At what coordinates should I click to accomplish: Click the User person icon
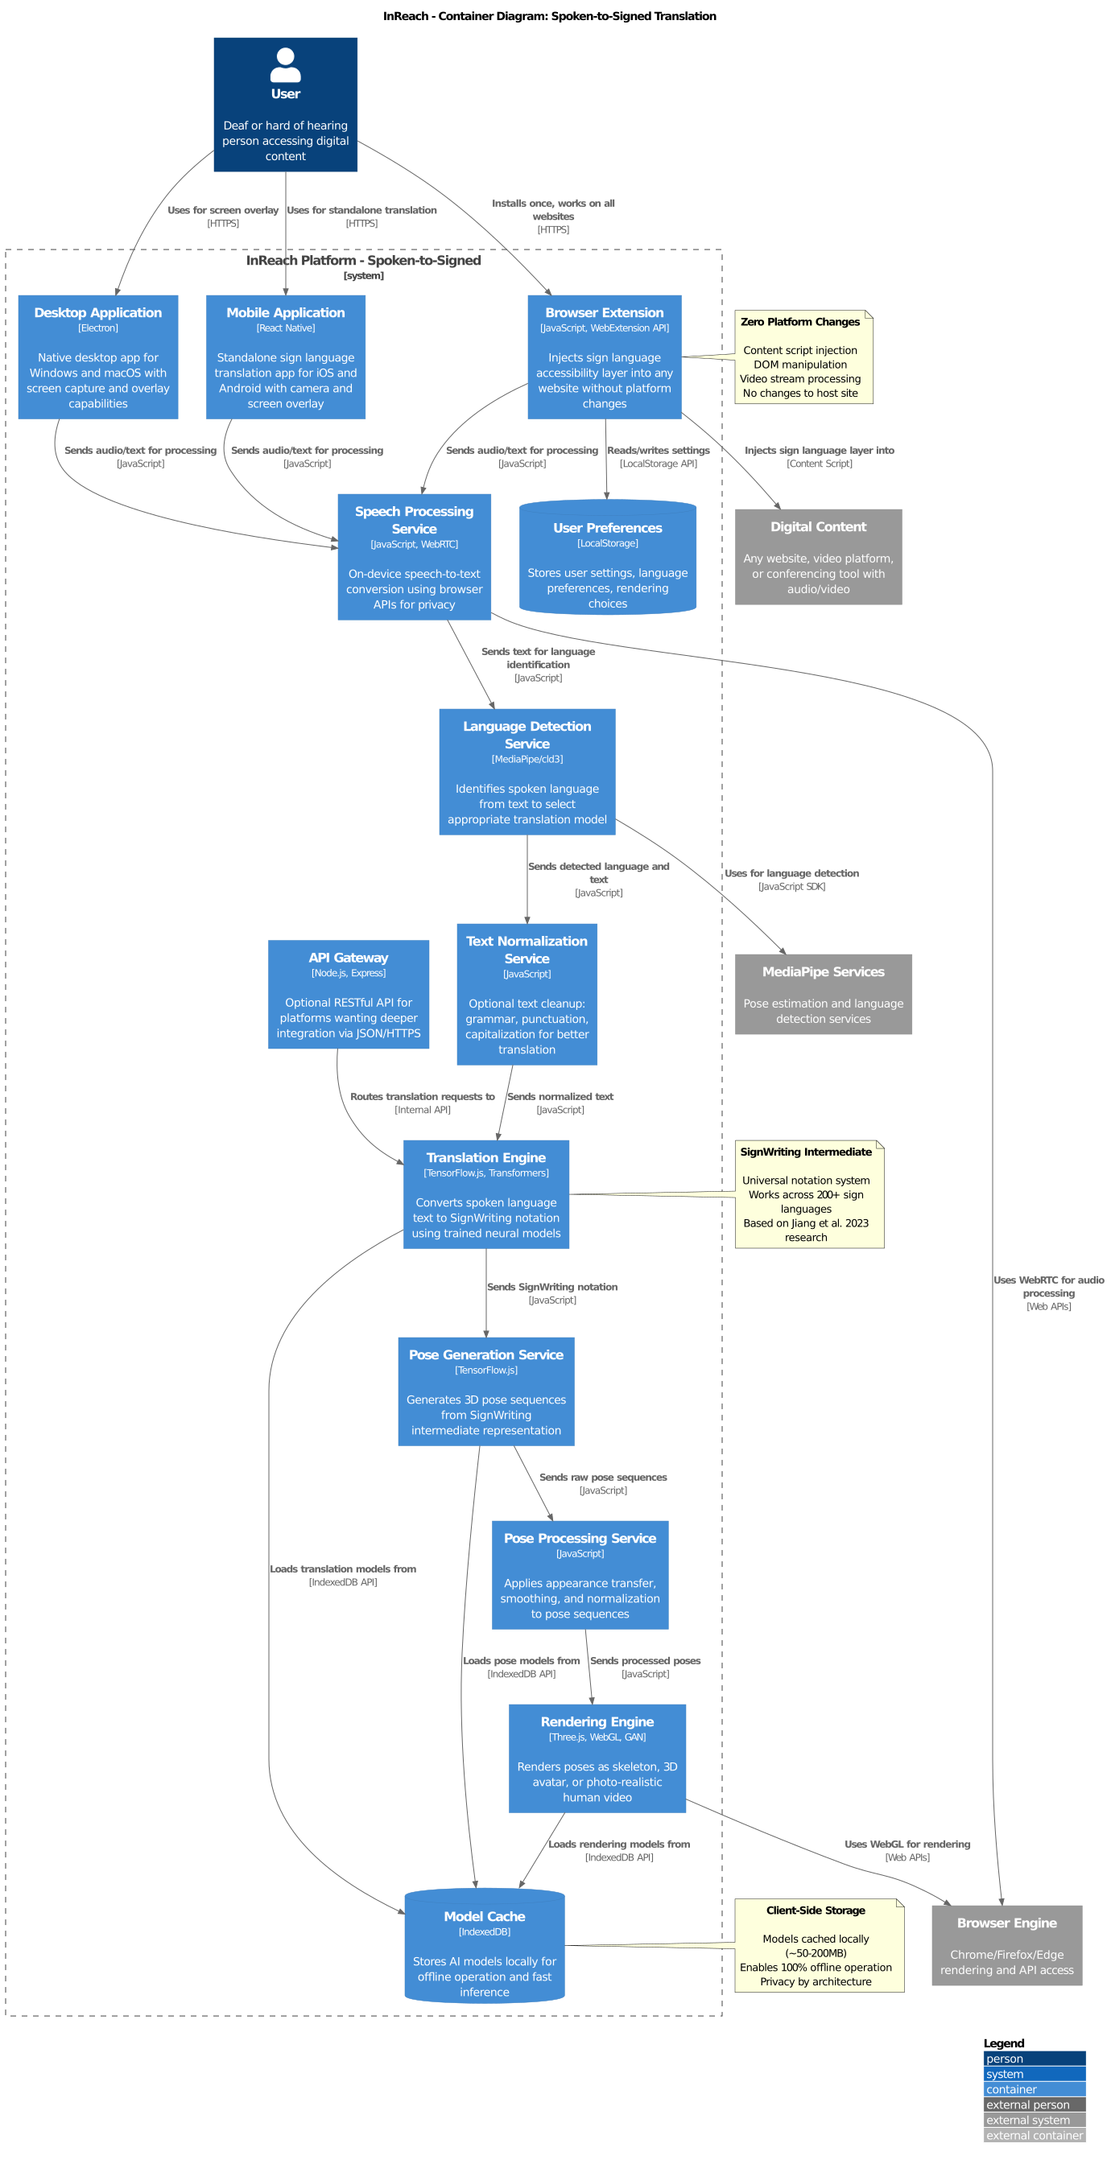pos(285,64)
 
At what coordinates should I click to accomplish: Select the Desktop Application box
pos(97,357)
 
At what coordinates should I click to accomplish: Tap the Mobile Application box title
pos(285,312)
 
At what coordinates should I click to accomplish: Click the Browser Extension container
pos(604,357)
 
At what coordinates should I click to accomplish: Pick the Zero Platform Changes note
pos(803,357)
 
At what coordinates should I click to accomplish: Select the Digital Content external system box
pos(818,556)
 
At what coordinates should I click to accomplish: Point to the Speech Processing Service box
pos(414,556)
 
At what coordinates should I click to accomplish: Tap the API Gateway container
pos(348,994)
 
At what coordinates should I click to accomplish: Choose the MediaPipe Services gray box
pos(823,994)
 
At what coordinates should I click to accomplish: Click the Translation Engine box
pos(485,1193)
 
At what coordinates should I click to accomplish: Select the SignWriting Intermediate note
pos(808,1193)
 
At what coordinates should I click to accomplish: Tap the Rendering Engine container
pos(597,1758)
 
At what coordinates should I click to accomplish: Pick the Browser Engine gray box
pos(1006,1945)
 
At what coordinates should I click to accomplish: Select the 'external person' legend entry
pos(1034,2104)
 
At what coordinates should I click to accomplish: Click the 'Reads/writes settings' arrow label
pos(658,451)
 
